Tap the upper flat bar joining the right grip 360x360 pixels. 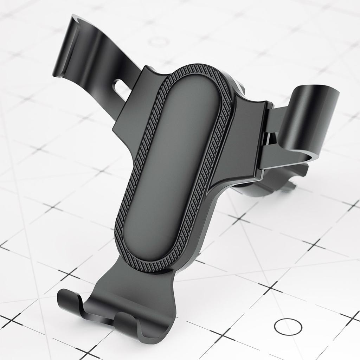click(x=276, y=118)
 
